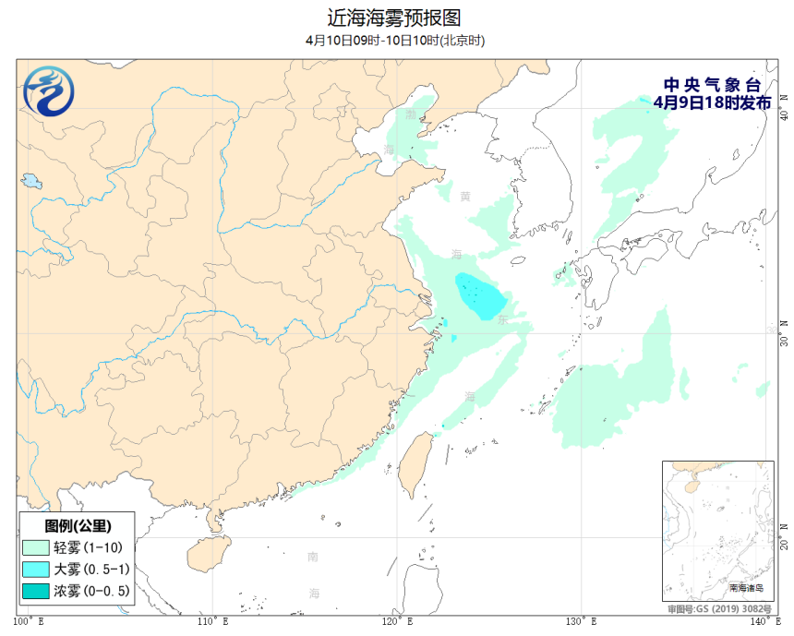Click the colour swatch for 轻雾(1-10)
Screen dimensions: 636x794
(x=37, y=547)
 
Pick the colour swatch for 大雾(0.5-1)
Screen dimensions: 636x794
(x=37, y=569)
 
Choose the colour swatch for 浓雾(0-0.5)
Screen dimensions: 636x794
(x=37, y=590)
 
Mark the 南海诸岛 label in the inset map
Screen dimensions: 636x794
(x=748, y=587)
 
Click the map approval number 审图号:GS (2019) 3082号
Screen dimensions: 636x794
(x=720, y=609)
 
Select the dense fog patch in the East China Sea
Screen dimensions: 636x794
(x=479, y=294)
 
